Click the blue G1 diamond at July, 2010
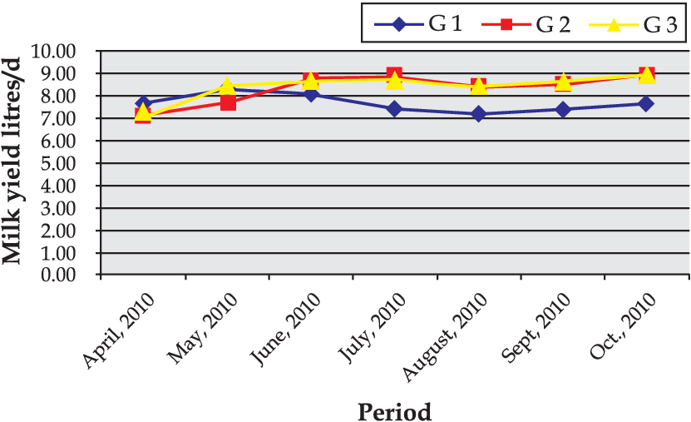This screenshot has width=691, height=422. [394, 109]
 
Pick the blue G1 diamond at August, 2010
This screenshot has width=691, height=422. [479, 114]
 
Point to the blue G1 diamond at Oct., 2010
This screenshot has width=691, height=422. [646, 104]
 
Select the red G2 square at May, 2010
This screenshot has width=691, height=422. [227, 102]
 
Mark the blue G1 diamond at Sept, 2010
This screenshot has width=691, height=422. [563, 109]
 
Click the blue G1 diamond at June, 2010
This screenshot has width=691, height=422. [311, 94]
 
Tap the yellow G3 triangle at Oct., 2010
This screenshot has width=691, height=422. [646, 76]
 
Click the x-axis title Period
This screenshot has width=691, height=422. [394, 411]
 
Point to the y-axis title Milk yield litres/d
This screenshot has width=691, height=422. [14, 163]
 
